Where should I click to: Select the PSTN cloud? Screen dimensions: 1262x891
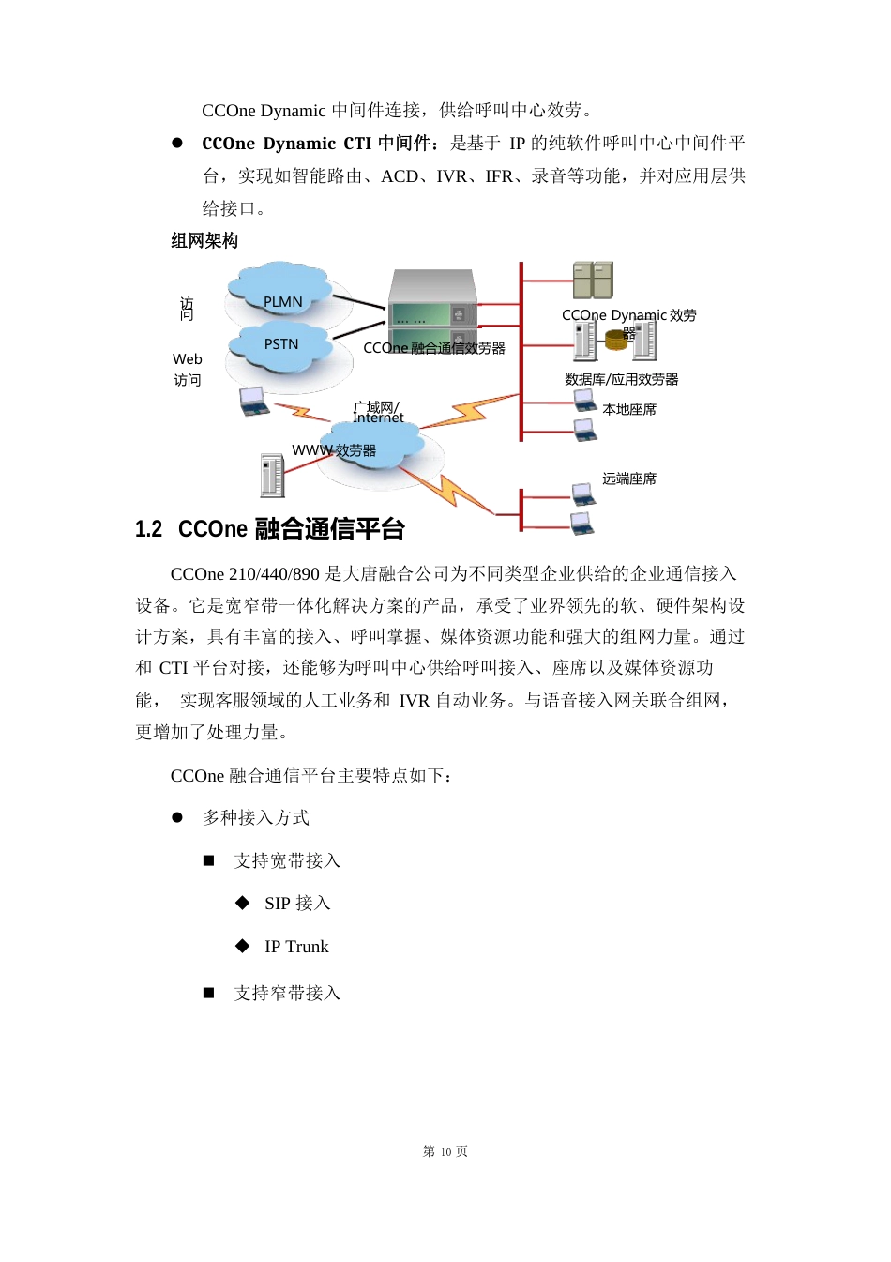[282, 344]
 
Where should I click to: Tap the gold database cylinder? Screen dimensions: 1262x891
[615, 341]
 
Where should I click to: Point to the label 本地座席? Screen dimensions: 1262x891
[629, 409]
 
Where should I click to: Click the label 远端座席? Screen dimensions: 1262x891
[629, 479]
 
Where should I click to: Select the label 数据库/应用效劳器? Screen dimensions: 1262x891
[621, 379]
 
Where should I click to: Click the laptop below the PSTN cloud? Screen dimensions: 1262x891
[253, 401]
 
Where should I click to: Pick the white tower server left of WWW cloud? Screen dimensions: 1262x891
[272, 475]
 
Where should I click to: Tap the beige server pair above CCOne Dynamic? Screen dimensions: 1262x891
[593, 281]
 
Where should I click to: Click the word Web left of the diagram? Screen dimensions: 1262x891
[187, 359]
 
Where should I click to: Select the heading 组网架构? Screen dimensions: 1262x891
[204, 241]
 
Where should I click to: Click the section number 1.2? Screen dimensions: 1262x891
[148, 529]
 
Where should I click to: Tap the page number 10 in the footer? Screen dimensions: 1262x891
[445, 1152]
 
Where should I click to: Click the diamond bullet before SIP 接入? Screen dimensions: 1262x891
[243, 903]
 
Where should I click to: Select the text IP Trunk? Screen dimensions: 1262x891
[296, 947]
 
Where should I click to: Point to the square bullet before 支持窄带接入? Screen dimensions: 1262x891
[209, 993]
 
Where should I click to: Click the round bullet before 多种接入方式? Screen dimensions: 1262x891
[177, 817]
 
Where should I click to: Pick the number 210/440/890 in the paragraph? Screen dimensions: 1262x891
[274, 574]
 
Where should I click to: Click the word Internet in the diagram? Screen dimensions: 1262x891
[378, 418]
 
